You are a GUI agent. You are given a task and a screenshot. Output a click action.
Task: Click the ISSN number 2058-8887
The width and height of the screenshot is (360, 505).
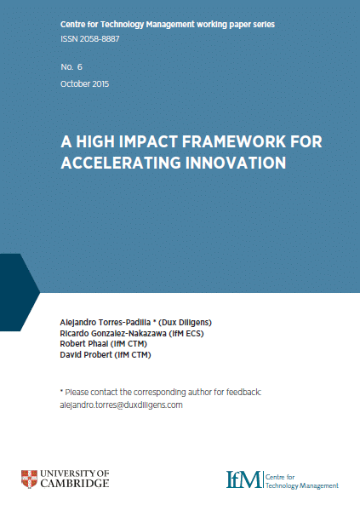[x=100, y=39]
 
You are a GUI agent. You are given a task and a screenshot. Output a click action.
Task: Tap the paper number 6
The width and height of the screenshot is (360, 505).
[x=79, y=67]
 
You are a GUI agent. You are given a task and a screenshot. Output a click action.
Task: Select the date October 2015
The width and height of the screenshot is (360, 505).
[x=85, y=84]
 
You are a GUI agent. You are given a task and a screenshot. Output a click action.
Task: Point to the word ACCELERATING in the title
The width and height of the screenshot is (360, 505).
[x=121, y=163]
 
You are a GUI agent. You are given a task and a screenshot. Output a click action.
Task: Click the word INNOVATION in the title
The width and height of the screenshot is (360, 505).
[x=236, y=163]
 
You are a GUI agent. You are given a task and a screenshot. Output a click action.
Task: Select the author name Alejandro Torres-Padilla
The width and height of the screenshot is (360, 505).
[x=106, y=323]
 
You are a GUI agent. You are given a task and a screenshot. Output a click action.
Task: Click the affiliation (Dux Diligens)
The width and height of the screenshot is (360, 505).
[x=185, y=323]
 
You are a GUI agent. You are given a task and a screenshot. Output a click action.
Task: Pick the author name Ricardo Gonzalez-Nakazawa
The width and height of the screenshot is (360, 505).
[x=113, y=333]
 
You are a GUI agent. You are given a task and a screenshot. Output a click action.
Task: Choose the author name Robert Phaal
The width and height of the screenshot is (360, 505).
[x=84, y=344]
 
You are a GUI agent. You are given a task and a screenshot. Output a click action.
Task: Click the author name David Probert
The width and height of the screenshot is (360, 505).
[x=86, y=355]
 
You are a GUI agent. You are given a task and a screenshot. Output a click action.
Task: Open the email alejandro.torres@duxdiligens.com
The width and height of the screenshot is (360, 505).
[x=121, y=405]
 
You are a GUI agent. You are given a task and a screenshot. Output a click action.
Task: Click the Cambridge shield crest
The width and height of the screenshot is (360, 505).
[x=29, y=479]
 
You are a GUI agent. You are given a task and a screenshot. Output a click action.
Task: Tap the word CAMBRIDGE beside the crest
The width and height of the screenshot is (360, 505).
[x=75, y=484]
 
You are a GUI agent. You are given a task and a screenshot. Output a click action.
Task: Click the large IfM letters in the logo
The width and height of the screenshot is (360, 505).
[x=243, y=479]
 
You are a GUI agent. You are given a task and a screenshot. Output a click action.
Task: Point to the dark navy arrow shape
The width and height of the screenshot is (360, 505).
[x=18, y=292]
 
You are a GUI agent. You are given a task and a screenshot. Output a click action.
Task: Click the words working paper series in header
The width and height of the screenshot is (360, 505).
[x=236, y=25]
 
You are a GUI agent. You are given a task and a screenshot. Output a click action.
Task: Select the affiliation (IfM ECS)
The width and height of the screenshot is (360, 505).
[x=186, y=333]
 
